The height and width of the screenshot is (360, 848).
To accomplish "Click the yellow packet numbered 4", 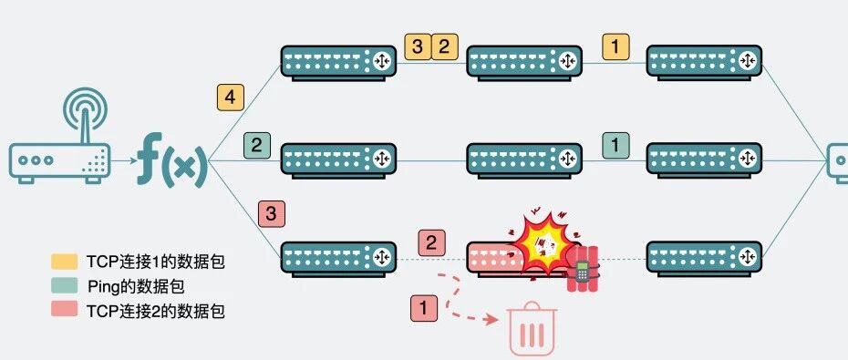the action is click(x=231, y=98).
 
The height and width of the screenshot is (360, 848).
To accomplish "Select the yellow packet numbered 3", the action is click(x=418, y=46).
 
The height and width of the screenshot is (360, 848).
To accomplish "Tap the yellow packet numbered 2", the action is click(x=445, y=46).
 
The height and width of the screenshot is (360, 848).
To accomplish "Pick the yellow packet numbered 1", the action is click(x=616, y=46).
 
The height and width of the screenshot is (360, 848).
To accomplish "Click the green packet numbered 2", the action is click(x=257, y=146).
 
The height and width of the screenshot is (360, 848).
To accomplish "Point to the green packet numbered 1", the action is click(x=616, y=146).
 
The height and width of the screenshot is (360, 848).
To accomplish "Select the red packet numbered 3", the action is click(x=272, y=213).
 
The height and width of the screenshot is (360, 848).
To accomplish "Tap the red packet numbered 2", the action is click(x=431, y=242).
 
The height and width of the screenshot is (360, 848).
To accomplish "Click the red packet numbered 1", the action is click(x=423, y=308).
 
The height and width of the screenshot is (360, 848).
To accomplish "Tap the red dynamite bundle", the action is click(x=583, y=269).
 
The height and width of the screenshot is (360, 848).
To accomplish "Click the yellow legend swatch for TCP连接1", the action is click(x=65, y=262).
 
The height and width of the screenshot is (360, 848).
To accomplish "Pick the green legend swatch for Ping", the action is click(x=65, y=286).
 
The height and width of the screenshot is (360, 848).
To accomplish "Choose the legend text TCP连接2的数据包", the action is click(x=155, y=311).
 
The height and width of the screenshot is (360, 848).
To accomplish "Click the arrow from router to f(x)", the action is click(x=123, y=160).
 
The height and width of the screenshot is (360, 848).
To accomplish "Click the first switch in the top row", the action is click(x=338, y=63).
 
